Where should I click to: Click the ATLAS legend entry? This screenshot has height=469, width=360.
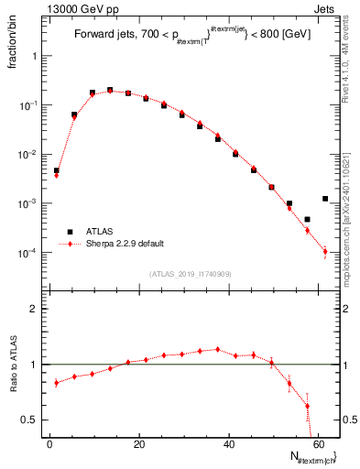point(101,232)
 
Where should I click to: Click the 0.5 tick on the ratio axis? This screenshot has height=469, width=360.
point(30,420)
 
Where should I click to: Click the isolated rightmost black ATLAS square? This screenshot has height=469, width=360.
point(325,198)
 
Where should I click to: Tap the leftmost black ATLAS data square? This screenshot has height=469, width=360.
point(56,170)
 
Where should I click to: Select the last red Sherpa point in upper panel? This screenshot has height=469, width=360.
point(325,251)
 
